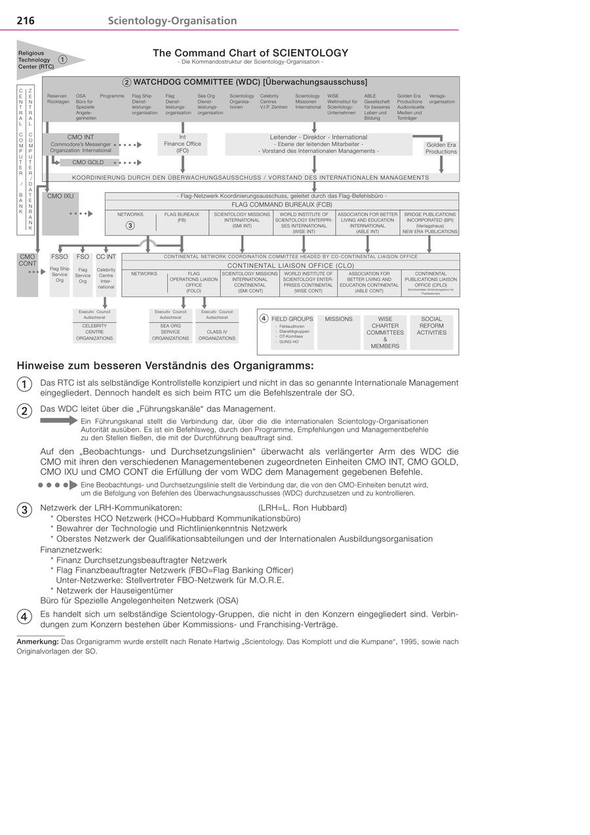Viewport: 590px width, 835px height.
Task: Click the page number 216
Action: pyautogui.click(x=26, y=21)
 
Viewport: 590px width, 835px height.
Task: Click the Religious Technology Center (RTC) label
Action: pyautogui.click(x=37, y=60)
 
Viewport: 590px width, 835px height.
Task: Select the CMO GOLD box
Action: pyautogui.click(x=87, y=162)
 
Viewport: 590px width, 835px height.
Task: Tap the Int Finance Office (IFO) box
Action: pyautogui.click(x=182, y=144)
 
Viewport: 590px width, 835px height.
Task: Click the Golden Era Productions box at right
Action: pyautogui.click(x=441, y=148)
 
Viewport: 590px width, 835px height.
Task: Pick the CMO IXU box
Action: pyautogui.click(x=60, y=213)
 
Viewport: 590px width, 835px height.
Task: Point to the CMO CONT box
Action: pyautogui.click(x=28, y=274)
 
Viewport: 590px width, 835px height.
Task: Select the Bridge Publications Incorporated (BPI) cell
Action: pyautogui.click(x=430, y=223)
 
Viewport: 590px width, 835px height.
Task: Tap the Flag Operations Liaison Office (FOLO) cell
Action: pyautogui.click(x=193, y=282)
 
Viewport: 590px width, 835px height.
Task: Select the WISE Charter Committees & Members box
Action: pyautogui.click(x=385, y=332)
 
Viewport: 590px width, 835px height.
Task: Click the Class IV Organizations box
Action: pyautogui.click(x=217, y=335)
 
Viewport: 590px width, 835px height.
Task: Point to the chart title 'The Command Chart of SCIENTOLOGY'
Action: pyautogui.click(x=250, y=53)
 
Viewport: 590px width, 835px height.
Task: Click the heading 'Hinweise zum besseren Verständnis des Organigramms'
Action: pyautogui.click(x=165, y=365)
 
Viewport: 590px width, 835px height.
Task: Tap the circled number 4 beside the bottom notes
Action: pyautogui.click(x=24, y=617)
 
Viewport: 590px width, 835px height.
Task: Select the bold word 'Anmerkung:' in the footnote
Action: pyautogui.click(x=37, y=642)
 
